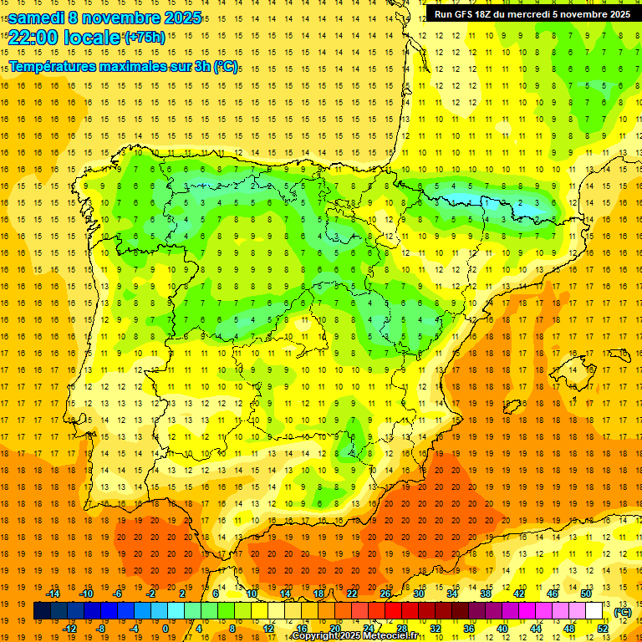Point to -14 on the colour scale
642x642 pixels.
(53, 594)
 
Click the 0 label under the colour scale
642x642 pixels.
(166, 629)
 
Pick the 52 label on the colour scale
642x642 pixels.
(602, 629)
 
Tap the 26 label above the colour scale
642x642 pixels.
(385, 594)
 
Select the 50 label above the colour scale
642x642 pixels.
(586, 594)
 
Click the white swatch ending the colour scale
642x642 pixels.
(594, 611)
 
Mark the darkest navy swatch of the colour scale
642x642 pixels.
(42, 611)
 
